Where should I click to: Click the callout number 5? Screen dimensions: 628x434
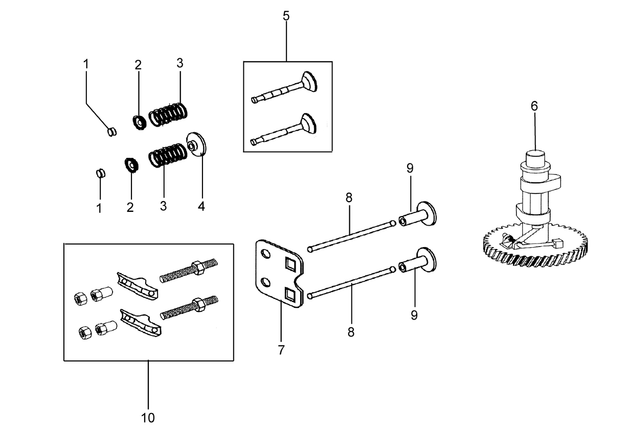[286, 16]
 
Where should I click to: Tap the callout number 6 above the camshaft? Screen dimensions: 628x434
[534, 106]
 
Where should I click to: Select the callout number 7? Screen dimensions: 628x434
[281, 350]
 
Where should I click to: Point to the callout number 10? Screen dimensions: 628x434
[148, 418]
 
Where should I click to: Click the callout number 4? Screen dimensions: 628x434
[201, 206]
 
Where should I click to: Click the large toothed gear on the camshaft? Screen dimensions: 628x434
[535, 247]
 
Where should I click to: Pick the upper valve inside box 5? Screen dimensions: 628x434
[284, 87]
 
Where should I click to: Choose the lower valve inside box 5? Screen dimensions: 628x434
[284, 130]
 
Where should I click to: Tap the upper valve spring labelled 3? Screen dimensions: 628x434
[168, 114]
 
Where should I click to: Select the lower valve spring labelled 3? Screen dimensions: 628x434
[168, 155]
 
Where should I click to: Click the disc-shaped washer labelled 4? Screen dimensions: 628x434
[196, 144]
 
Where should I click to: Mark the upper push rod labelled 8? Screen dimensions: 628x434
[351, 236]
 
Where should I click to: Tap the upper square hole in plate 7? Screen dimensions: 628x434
[290, 264]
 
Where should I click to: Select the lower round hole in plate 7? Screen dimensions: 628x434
[265, 282]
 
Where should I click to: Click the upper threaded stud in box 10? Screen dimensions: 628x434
[189, 271]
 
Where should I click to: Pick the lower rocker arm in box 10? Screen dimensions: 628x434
[141, 323]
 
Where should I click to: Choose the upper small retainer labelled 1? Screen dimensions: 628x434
[112, 132]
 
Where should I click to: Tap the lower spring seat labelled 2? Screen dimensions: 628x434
[131, 165]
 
